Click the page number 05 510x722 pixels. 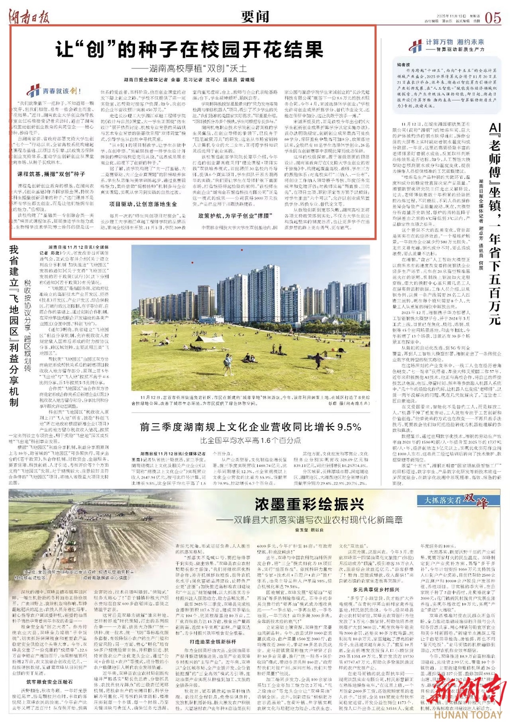493,17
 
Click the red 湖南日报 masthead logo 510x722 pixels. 29,17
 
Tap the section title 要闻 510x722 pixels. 255,17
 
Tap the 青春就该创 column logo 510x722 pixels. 54,90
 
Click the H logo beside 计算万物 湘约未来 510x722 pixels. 416,46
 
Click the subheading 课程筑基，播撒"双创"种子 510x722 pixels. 51,174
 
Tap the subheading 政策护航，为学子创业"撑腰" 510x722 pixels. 234,215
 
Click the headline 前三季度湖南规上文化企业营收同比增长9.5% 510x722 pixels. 250,427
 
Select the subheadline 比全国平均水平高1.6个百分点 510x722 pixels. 250,440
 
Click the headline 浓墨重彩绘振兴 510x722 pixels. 309,504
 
